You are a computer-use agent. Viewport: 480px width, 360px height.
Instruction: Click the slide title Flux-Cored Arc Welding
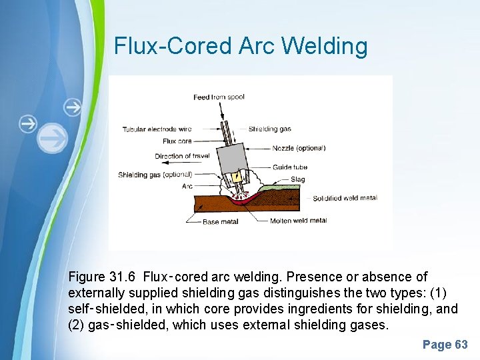(x=241, y=47)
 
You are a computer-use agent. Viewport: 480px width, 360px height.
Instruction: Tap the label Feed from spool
(x=219, y=97)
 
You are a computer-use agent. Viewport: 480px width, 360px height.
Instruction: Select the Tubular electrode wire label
(x=157, y=129)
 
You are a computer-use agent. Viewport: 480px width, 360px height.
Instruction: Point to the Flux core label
(x=177, y=141)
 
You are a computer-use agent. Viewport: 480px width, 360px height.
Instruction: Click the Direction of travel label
(x=182, y=156)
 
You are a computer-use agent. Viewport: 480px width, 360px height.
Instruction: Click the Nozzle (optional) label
(x=299, y=148)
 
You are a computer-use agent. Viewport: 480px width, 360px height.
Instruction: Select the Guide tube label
(x=290, y=167)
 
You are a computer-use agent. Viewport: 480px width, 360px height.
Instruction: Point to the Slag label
(x=298, y=179)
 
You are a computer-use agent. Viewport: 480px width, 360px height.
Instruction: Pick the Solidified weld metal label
(x=345, y=198)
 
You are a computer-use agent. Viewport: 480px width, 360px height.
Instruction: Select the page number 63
(x=445, y=345)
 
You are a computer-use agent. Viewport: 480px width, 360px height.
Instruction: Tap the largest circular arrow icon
(x=53, y=138)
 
